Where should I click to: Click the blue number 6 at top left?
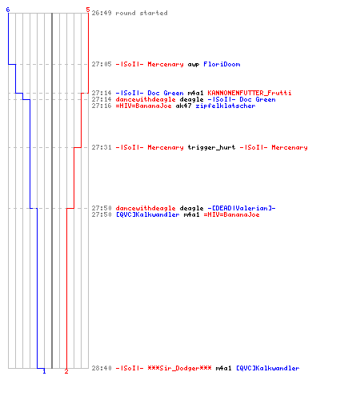(8, 10)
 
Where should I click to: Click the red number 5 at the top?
(88, 10)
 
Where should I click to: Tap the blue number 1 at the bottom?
(44, 371)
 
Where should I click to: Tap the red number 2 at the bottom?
(66, 371)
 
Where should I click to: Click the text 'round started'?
(142, 13)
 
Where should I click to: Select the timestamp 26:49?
(102, 13)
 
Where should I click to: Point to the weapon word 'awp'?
(194, 65)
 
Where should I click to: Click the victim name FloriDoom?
(222, 64)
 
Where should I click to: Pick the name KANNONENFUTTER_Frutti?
(250, 93)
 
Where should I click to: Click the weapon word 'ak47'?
(183, 106)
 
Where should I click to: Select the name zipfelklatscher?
(226, 106)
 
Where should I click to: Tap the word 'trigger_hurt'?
(211, 147)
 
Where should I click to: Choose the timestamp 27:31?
(102, 147)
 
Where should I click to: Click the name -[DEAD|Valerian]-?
(242, 208)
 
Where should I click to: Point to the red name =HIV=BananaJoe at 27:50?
(231, 214)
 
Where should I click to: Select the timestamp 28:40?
(102, 368)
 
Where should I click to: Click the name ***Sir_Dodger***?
(179, 368)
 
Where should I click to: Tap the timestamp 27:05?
(102, 64)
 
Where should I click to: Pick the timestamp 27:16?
(102, 106)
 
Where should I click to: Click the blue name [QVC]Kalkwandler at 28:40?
(268, 368)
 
